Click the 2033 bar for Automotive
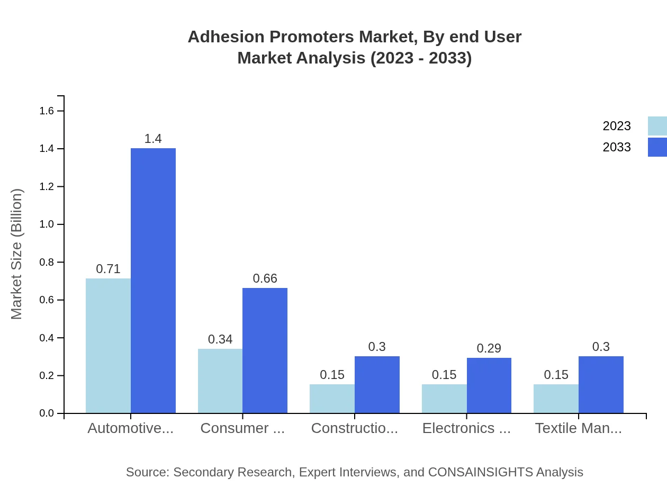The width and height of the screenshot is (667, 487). (153, 281)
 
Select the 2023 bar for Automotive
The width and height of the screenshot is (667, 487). (108, 346)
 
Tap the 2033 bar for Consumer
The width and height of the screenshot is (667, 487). (265, 350)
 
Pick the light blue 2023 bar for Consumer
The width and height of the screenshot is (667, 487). (220, 381)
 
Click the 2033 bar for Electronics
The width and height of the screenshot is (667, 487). (489, 385)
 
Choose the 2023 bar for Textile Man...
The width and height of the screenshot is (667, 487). (556, 399)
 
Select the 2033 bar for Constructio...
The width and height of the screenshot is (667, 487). (377, 384)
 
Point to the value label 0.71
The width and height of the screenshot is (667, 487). (108, 269)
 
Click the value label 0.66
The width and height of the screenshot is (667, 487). (265, 278)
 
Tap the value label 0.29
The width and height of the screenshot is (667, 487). (489, 348)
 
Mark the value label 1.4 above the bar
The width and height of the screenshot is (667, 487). (153, 139)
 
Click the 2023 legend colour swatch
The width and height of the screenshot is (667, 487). (657, 126)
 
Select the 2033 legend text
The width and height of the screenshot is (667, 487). (617, 147)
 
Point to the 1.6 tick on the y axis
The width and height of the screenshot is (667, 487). (47, 111)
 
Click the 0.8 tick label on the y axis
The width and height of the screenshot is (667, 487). (47, 262)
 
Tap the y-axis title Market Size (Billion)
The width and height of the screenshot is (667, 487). (16, 254)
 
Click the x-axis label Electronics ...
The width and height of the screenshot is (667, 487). (466, 428)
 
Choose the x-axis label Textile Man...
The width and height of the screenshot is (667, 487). (578, 428)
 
